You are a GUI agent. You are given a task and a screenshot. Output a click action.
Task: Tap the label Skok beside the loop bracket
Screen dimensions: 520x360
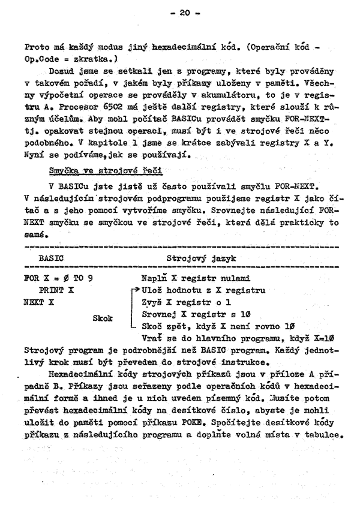(103, 318)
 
